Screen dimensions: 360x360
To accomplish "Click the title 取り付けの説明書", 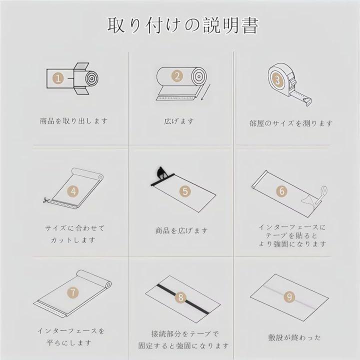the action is (x=183, y=25).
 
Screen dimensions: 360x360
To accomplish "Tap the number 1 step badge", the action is (x=58, y=78).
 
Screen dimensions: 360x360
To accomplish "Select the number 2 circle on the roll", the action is (x=177, y=76).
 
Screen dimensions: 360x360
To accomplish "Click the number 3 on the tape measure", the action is (x=277, y=80).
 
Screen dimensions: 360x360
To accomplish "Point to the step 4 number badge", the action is (x=73, y=191).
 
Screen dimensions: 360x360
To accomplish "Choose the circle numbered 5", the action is (x=185, y=191).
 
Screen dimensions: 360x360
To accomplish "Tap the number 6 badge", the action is (x=282, y=191).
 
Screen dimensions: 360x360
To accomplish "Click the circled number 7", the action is (x=73, y=292).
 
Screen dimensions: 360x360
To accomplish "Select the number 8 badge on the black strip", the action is (x=180, y=297).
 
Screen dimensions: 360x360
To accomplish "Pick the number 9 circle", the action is (x=289, y=297).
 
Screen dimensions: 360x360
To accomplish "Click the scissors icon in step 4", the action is (x=46, y=200).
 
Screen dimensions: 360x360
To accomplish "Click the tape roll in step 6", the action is (x=324, y=190).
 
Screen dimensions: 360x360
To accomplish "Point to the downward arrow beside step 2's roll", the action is (x=205, y=92).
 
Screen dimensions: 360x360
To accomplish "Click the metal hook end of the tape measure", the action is (x=307, y=101).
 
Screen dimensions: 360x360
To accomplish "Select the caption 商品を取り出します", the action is (x=73, y=121).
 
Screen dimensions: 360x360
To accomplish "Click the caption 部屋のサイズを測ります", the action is (x=290, y=123).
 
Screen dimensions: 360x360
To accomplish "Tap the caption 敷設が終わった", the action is (x=294, y=337).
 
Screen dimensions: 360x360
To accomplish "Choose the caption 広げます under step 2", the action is (x=179, y=121).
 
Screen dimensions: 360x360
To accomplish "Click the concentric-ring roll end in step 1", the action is (x=92, y=78).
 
